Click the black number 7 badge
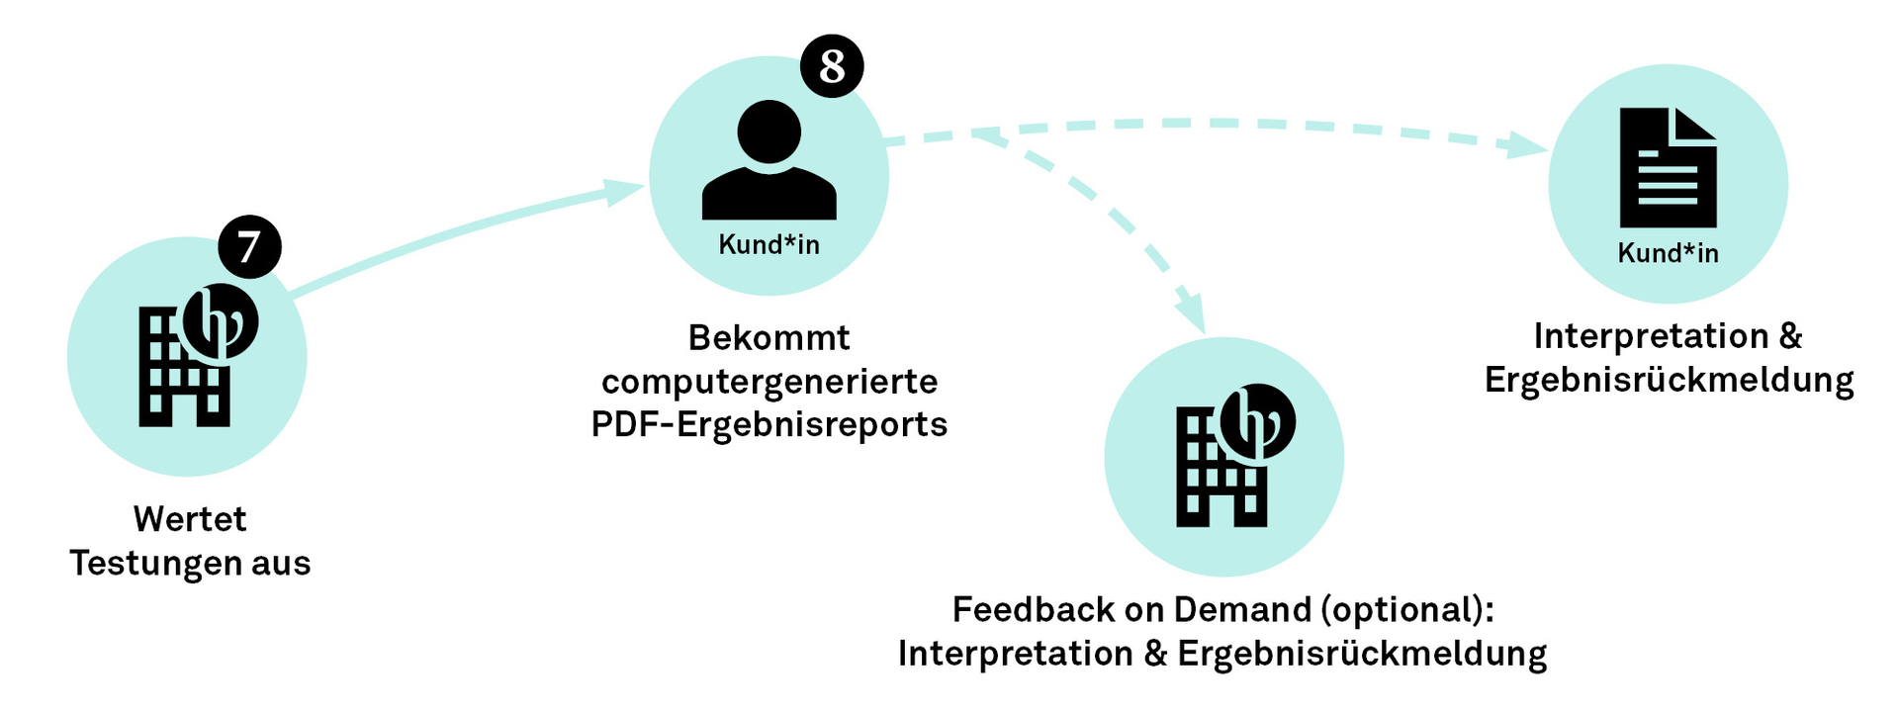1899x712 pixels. (x=249, y=247)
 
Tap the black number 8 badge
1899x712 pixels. (x=832, y=67)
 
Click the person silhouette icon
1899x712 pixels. (x=769, y=161)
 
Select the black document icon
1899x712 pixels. (x=1668, y=168)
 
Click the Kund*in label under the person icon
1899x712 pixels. (x=769, y=244)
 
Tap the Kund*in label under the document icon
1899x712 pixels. (x=1668, y=253)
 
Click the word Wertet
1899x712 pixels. (x=190, y=519)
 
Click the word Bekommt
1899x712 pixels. (x=769, y=338)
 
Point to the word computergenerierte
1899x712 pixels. (x=769, y=382)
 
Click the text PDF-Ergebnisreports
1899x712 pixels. (x=769, y=424)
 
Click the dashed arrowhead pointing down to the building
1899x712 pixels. (x=1192, y=314)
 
